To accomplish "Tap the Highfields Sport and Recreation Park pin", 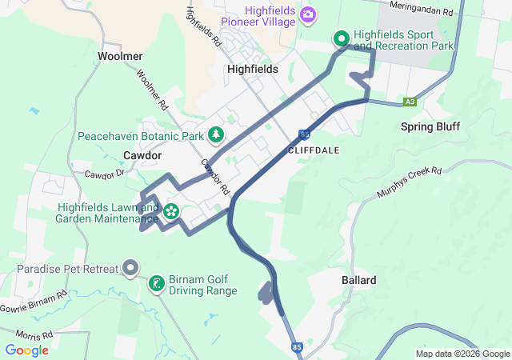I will coord(341,38).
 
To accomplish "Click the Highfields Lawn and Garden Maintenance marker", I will coord(171,212).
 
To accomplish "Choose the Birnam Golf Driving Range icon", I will coord(157,282).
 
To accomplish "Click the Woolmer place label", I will coord(120,56).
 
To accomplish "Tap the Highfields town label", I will coord(252,69).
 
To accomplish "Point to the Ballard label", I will coord(358,280).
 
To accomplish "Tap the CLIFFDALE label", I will coord(314,150).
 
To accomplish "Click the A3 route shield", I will coord(410,102).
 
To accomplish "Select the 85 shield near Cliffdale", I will coord(306,134).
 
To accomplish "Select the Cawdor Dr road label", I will coord(106,173).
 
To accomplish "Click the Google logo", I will coord(26,350).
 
